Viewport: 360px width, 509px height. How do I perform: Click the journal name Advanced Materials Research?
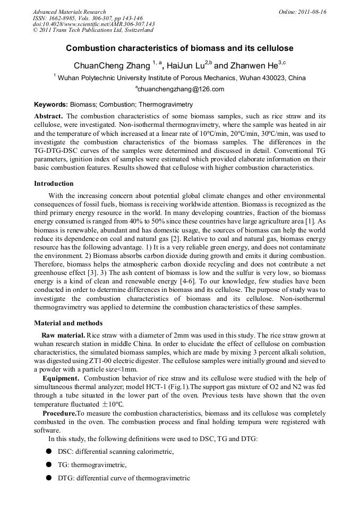(69, 12)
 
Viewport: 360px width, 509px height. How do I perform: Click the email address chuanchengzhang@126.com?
(181, 89)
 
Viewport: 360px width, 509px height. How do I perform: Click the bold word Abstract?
(49, 116)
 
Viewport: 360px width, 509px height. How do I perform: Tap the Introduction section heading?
(54, 183)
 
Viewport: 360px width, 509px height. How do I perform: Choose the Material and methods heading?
(68, 323)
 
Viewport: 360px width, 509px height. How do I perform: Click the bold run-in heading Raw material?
(63, 335)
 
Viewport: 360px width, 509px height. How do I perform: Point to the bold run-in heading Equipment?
(61, 378)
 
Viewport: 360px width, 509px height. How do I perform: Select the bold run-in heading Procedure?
(59, 412)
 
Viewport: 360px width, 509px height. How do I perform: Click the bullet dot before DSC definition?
(48, 451)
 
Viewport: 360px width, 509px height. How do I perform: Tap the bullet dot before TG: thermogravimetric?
(48, 464)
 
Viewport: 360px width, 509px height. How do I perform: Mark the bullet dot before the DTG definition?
(48, 478)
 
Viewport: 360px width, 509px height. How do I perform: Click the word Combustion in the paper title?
(91, 48)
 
